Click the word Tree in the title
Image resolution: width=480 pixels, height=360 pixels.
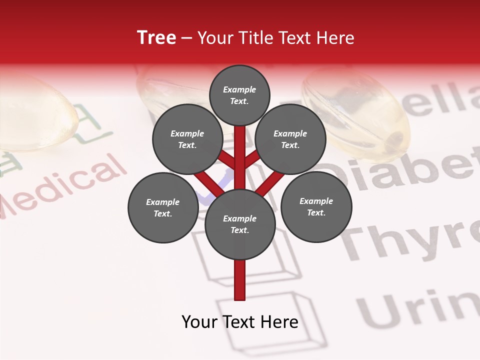(156, 38)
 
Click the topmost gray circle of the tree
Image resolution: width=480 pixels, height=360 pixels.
(239, 95)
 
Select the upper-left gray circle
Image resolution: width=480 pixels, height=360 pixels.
(187, 139)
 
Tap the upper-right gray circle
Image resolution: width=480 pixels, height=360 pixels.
(290, 139)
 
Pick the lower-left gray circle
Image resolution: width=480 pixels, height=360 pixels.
(163, 207)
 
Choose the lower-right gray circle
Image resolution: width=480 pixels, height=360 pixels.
(316, 206)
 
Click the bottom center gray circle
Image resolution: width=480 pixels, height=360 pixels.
(240, 224)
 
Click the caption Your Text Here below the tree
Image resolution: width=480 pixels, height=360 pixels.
(240, 322)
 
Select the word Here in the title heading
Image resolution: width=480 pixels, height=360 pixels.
(335, 38)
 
